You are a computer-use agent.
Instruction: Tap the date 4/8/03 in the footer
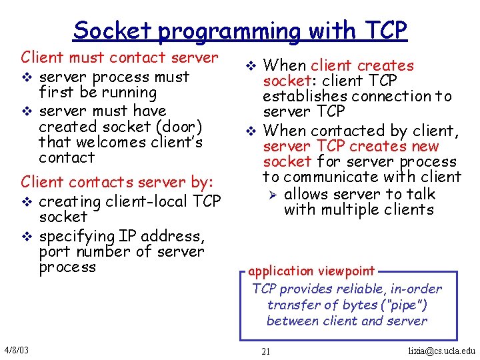tap(15, 350)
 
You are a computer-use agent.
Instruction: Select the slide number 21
tap(265, 351)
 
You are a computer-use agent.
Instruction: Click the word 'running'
tap(131, 93)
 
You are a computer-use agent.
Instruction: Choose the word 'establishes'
tap(305, 96)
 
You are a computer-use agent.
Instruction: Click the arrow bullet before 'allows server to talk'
tap(271, 194)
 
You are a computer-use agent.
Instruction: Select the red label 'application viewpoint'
tap(311, 271)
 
